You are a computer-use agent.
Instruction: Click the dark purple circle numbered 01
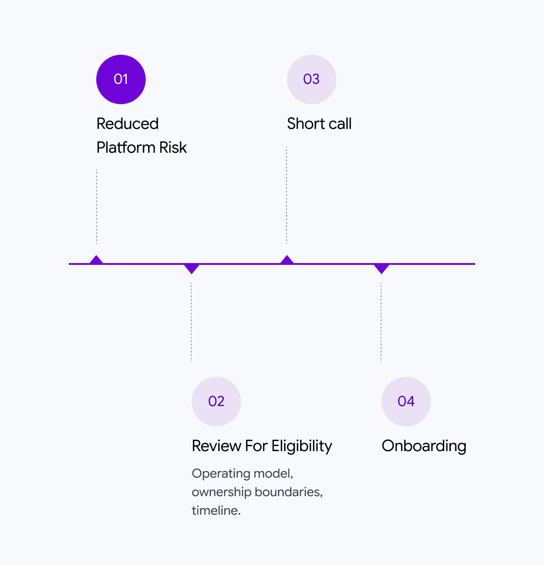pos(121,79)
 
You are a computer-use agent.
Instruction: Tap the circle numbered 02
pos(216,401)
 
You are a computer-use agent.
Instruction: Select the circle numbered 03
pos(312,79)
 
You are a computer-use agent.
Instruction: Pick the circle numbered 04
pos(406,401)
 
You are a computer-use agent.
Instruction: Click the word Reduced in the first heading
pos(127,124)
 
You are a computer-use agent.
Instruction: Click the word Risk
pos(173,147)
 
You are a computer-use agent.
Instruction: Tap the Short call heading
pos(319,124)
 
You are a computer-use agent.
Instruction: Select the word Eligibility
pos(302,446)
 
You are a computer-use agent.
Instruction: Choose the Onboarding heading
pos(424,446)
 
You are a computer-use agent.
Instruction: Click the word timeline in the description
pos(215,511)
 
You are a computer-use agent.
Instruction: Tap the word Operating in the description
pos(216,474)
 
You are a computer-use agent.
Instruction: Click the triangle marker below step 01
pos(96,260)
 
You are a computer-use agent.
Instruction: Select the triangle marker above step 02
pos(192,268)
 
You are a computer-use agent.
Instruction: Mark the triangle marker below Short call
pos(287,260)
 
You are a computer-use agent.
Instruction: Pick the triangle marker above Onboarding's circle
pos(382,268)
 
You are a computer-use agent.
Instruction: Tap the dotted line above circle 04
pos(381,322)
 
